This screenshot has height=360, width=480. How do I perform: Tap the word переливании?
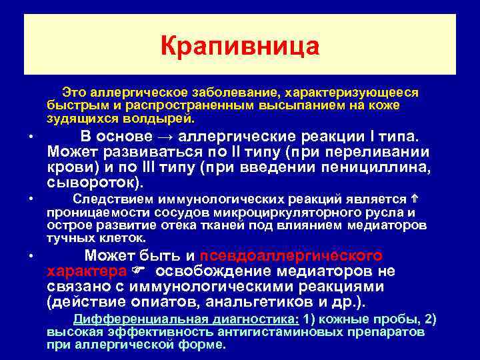pos(389,152)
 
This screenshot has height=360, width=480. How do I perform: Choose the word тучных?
pos(69,238)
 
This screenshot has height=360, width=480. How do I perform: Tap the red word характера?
pos(87,272)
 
